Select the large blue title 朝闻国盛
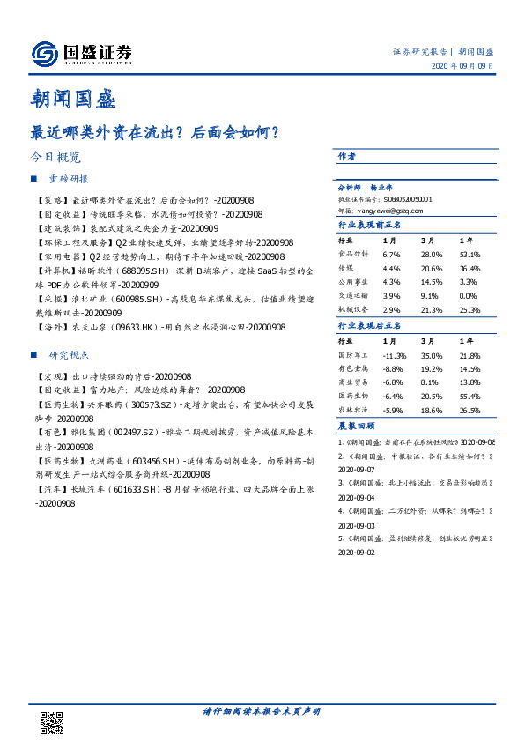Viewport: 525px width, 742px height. [x=74, y=98]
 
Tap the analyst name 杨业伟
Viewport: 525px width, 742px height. [x=381, y=188]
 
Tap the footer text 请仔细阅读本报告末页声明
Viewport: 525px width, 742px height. [x=262, y=710]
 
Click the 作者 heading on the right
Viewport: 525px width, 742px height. [x=347, y=156]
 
